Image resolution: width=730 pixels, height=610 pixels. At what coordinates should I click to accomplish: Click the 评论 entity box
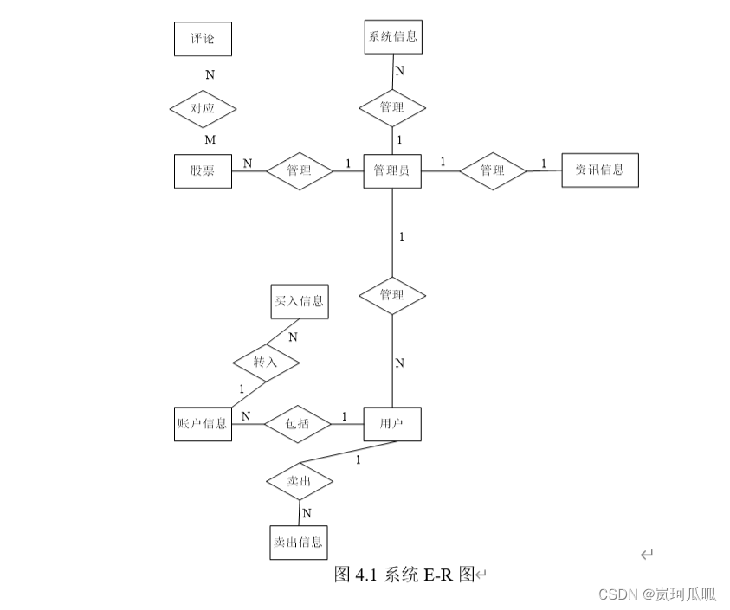203,38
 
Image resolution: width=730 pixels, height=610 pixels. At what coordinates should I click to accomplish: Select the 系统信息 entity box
393,37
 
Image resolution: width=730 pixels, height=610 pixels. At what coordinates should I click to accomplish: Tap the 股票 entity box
203,170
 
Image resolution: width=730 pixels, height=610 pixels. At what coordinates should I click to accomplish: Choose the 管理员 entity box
392,170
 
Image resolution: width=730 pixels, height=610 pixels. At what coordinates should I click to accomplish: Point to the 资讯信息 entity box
599,170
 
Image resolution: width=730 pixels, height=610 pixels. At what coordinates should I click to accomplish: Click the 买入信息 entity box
299,301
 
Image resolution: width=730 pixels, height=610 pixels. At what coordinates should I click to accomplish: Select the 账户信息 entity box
203,424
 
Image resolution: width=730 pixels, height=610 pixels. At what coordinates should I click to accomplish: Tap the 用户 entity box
392,424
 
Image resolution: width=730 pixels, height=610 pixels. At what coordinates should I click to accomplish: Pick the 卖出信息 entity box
299,543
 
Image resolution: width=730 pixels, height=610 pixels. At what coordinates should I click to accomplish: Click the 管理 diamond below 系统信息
392,108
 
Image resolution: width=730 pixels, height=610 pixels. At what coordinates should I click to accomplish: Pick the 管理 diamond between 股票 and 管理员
299,170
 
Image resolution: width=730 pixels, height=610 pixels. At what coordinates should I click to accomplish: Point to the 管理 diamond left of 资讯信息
492,170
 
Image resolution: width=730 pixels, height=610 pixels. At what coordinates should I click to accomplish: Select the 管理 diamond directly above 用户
392,295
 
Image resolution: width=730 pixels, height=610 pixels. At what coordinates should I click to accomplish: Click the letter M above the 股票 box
209,139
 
